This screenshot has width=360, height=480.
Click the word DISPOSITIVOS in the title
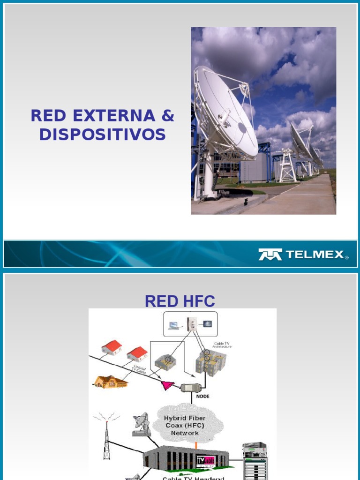tap(102, 135)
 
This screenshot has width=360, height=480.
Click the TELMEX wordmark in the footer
tap(314, 255)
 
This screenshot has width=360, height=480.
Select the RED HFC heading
tap(180, 301)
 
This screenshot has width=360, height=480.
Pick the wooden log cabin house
tap(110, 382)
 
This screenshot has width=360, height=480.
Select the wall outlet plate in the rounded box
tap(192, 324)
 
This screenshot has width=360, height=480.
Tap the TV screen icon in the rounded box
tap(207, 324)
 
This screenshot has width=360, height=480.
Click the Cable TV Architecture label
tap(223, 345)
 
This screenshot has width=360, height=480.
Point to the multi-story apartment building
tap(210, 362)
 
